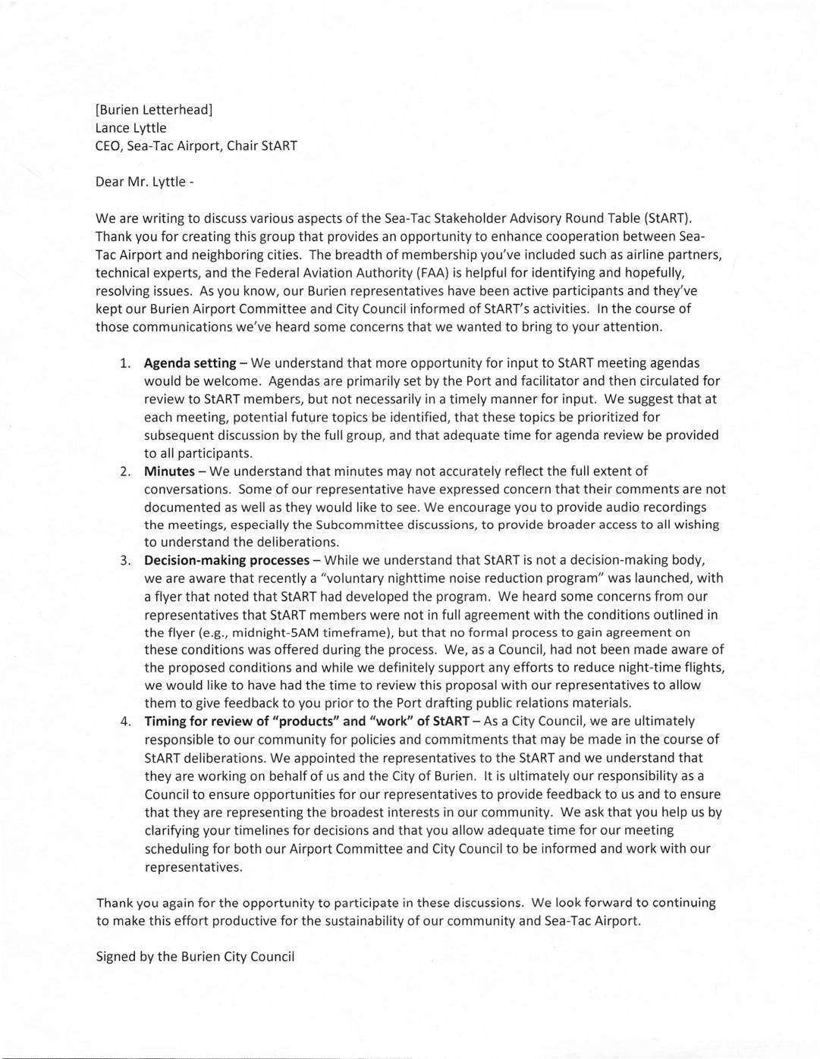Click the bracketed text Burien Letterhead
154,109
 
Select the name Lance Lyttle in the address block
130,127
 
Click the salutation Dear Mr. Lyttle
140,182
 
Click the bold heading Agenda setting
190,363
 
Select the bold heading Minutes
169,472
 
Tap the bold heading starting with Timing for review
306,722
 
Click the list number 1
125,363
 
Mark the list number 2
125,472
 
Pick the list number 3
125,561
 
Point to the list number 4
125,722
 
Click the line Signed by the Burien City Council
195,957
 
